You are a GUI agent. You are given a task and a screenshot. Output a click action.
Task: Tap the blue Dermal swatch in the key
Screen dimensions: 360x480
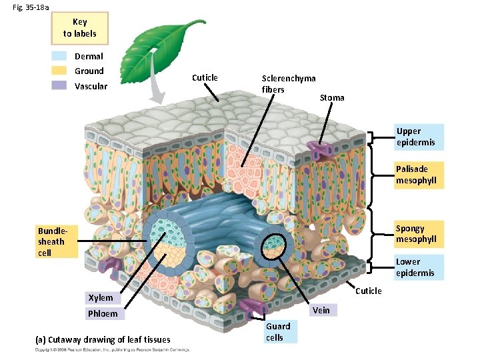pos(59,57)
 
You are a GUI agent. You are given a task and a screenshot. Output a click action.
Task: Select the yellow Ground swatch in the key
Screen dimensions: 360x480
pos(59,71)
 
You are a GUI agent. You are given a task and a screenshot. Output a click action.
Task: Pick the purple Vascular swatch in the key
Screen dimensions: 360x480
pos(59,85)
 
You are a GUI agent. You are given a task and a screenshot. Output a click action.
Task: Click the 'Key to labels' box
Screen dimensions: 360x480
pos(79,28)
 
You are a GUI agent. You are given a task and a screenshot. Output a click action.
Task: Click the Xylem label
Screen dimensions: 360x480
pos(101,297)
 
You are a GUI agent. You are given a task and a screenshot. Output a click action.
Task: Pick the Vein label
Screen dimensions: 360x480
pos(321,310)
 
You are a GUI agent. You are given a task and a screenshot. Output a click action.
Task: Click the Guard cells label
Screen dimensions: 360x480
pos(278,331)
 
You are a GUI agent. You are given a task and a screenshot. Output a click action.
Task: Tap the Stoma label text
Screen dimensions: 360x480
pos(332,98)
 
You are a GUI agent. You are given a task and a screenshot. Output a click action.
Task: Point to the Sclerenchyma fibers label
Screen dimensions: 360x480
pos(288,84)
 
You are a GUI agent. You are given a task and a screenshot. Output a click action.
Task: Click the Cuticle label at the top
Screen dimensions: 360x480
pos(205,78)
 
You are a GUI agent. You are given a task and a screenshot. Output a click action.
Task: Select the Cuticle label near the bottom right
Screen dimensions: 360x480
pos(369,291)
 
